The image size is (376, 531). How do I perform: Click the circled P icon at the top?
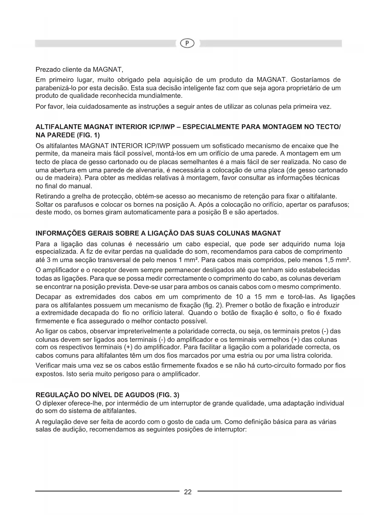pos(188,44)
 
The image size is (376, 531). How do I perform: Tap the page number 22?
pos(188,492)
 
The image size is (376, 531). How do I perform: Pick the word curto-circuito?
pos(278,366)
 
